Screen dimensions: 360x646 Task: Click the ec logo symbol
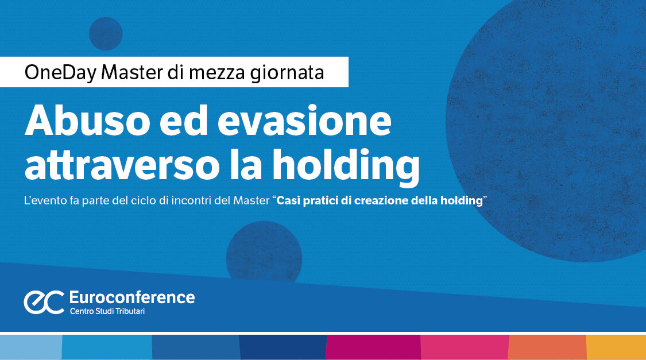pyautogui.click(x=44, y=301)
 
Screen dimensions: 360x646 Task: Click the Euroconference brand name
pyautogui.click(x=131, y=297)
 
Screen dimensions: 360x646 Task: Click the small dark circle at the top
pyautogui.click(x=106, y=33)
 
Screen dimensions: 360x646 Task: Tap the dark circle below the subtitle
pyautogui.click(x=264, y=251)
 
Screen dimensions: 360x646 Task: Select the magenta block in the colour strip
pyautogui.click(x=373, y=347)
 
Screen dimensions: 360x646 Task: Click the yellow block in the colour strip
pyautogui.click(x=616, y=347)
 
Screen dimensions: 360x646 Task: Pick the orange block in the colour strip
pyautogui.click(x=547, y=347)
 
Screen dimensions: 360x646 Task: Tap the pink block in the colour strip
pyautogui.click(x=465, y=347)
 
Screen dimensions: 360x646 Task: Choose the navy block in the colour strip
pyautogui.click(x=283, y=347)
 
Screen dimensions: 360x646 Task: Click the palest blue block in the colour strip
pyautogui.click(x=30, y=347)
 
